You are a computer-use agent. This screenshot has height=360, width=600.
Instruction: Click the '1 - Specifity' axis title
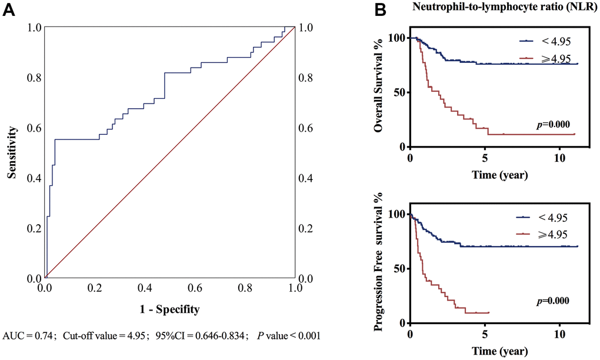click(x=171, y=308)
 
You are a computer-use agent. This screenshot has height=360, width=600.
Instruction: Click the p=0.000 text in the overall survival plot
click(x=552, y=125)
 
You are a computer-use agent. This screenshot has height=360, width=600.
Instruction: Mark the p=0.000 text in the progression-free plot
click(x=552, y=301)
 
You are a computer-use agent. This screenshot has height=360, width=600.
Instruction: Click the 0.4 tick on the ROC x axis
click(x=145, y=289)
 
